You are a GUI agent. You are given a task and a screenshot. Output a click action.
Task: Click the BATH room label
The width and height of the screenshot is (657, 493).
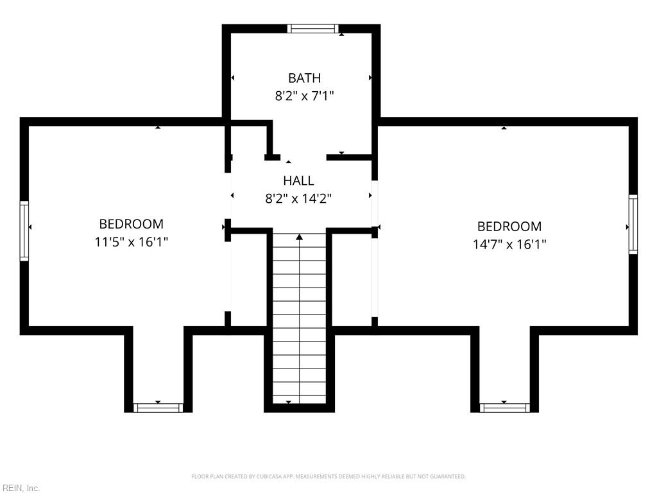point(305,78)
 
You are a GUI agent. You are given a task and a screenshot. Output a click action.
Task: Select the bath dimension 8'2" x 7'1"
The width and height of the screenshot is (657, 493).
point(304,96)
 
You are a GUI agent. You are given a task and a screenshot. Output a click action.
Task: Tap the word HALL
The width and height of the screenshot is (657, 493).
point(298,180)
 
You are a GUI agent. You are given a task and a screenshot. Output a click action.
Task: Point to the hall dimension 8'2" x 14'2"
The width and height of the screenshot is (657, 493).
point(298,198)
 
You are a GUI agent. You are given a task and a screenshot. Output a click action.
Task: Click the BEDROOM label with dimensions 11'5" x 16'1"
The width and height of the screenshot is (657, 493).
point(131,224)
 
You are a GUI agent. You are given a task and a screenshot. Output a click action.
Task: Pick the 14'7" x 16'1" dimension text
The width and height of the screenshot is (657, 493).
point(509,244)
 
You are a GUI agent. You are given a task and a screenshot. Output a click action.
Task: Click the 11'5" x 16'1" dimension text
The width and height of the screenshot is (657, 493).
point(131,242)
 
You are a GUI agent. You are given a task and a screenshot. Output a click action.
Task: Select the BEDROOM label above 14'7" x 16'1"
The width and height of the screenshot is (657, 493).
point(509,227)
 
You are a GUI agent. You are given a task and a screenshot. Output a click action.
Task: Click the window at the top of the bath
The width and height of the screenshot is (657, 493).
point(312,28)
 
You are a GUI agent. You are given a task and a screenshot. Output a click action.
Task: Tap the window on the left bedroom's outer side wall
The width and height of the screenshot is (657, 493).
point(24,231)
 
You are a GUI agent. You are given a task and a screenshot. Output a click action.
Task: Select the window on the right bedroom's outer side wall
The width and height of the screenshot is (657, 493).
point(633,224)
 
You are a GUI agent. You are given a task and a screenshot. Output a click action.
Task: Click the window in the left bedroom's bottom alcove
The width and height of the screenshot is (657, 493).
point(158,408)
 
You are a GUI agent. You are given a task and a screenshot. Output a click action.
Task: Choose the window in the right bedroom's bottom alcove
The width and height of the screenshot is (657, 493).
point(504,408)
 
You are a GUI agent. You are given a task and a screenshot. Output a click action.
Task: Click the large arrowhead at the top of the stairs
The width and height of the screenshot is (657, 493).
point(299,238)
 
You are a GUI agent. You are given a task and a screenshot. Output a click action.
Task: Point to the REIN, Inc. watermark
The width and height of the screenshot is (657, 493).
point(21,488)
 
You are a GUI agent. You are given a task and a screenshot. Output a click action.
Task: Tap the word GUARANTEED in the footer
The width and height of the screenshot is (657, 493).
point(448,477)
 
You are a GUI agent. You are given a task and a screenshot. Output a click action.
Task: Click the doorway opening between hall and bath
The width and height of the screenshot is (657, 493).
point(303,158)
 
